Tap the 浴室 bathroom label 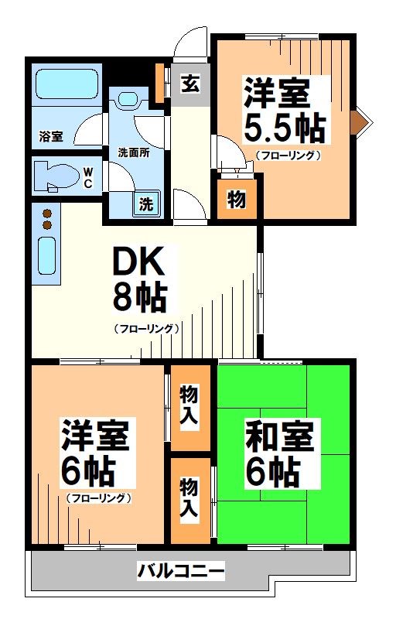(52, 136)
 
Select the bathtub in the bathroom (64, 82)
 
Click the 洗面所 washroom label (134, 152)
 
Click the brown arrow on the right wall (360, 121)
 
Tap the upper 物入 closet (189, 404)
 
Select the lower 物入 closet (189, 498)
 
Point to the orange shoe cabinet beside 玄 (161, 83)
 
